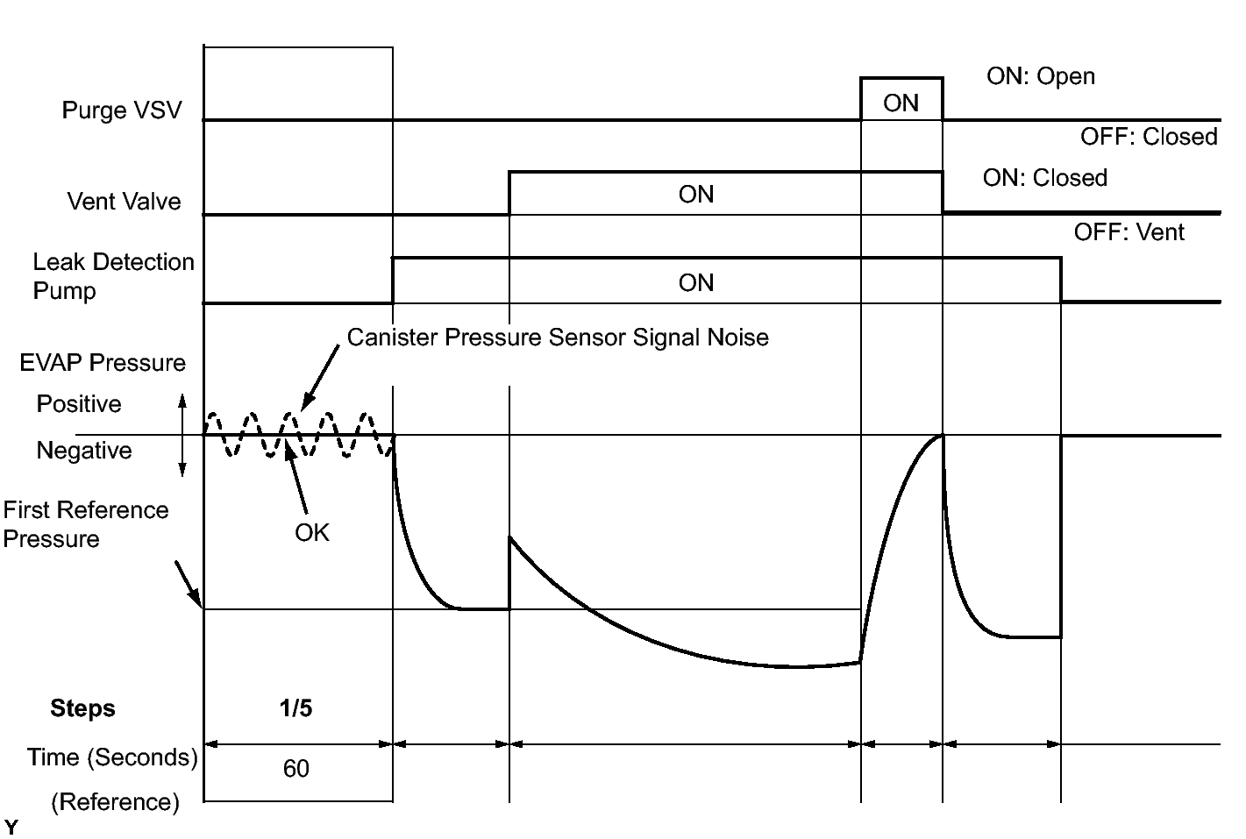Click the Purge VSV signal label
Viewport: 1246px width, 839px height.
click(122, 110)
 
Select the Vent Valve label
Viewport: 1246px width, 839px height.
click(124, 202)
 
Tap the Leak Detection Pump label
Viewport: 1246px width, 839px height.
click(112, 276)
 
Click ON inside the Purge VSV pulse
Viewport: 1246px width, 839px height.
click(901, 103)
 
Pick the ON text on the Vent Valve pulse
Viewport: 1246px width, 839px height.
click(696, 195)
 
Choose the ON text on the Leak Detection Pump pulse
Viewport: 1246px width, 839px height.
click(696, 283)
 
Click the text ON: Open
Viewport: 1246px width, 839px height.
click(1040, 76)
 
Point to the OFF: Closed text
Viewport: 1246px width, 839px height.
click(1149, 137)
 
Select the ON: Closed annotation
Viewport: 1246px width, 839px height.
click(1044, 178)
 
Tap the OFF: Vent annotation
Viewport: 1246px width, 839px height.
click(1129, 232)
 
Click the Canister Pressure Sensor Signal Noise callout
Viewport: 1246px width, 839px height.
click(558, 338)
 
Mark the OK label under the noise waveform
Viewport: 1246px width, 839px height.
click(312, 533)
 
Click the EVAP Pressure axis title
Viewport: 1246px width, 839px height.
click(103, 363)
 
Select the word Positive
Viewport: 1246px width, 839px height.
click(79, 404)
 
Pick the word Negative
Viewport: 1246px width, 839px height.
click(84, 451)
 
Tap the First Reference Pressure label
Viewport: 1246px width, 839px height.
click(85, 524)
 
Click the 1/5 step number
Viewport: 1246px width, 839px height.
click(295, 708)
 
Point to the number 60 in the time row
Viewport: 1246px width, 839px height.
click(295, 769)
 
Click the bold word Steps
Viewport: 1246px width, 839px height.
click(82, 708)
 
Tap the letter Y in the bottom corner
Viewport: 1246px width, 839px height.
click(11, 827)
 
